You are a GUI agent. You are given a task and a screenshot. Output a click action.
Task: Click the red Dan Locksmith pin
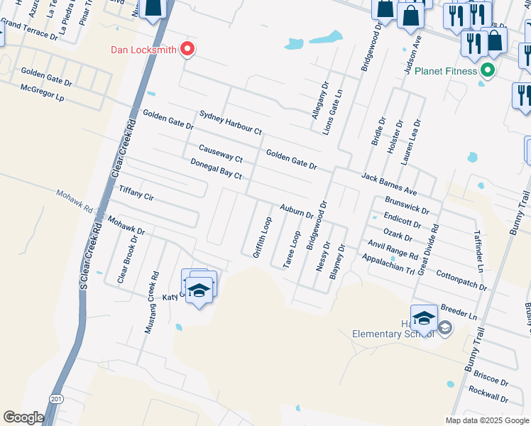pos(187,49)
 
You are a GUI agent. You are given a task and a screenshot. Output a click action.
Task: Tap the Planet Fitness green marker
pos(487,71)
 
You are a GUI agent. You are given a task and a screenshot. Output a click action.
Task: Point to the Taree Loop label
pos(292,248)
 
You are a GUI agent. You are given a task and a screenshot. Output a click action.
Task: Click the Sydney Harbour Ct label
pos(231,123)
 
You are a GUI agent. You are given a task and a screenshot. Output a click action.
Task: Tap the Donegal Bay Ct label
pos(217,169)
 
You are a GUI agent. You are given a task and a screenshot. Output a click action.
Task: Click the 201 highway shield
pos(56,398)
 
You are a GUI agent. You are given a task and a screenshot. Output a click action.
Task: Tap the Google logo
pos(23,417)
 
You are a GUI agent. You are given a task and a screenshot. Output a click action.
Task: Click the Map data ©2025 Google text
pos(487,420)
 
